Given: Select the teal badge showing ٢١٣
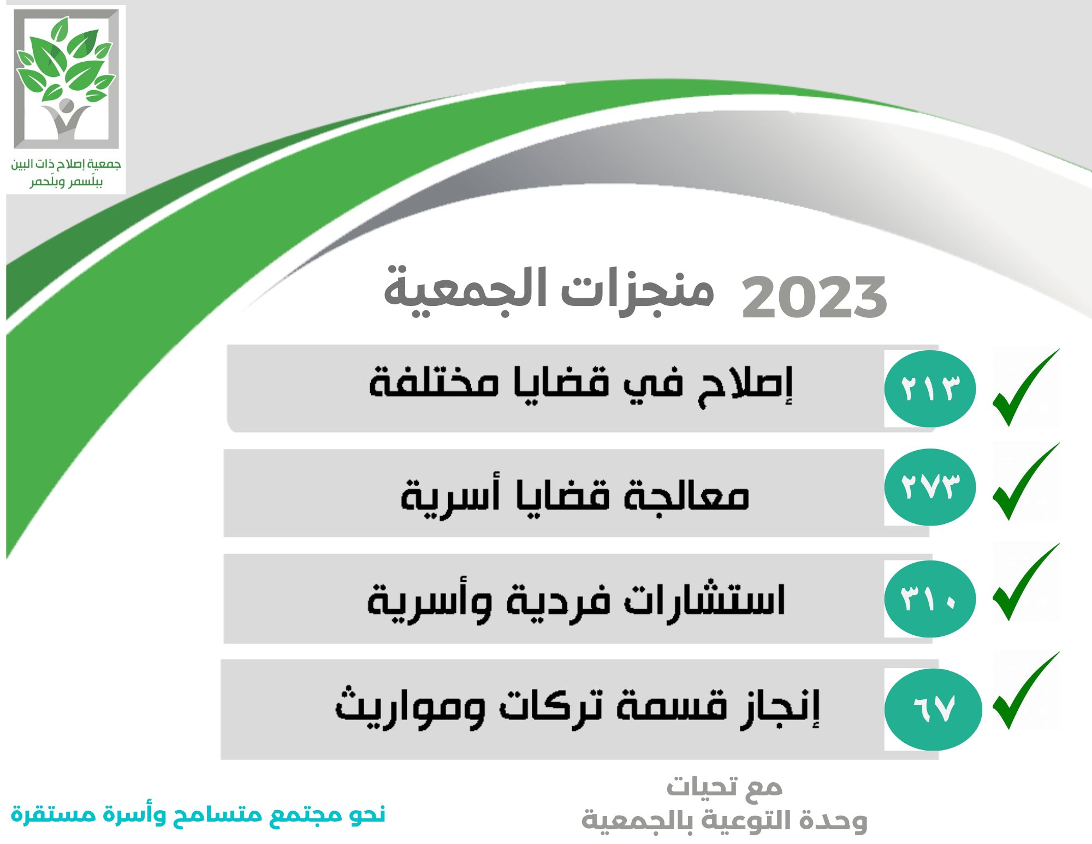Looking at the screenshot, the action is click(930, 388).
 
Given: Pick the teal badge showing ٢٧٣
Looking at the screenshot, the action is click(930, 487).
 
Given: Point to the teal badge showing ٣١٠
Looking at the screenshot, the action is click(930, 599).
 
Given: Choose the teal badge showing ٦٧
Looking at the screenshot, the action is click(933, 709).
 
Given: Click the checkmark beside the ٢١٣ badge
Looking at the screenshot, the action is click(1025, 388).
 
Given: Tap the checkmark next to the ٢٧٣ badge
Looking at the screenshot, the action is click(1025, 482).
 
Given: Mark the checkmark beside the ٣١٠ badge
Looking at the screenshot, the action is click(1025, 582).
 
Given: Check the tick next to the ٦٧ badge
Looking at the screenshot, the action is click(1025, 690).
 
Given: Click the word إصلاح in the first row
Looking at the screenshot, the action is click(745, 385).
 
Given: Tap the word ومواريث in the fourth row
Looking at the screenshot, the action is click(410, 706).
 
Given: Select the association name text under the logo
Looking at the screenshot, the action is click(66, 172).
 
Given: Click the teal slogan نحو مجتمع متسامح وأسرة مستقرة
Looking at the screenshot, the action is click(198, 814).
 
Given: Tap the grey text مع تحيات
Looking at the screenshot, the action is click(725, 787).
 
